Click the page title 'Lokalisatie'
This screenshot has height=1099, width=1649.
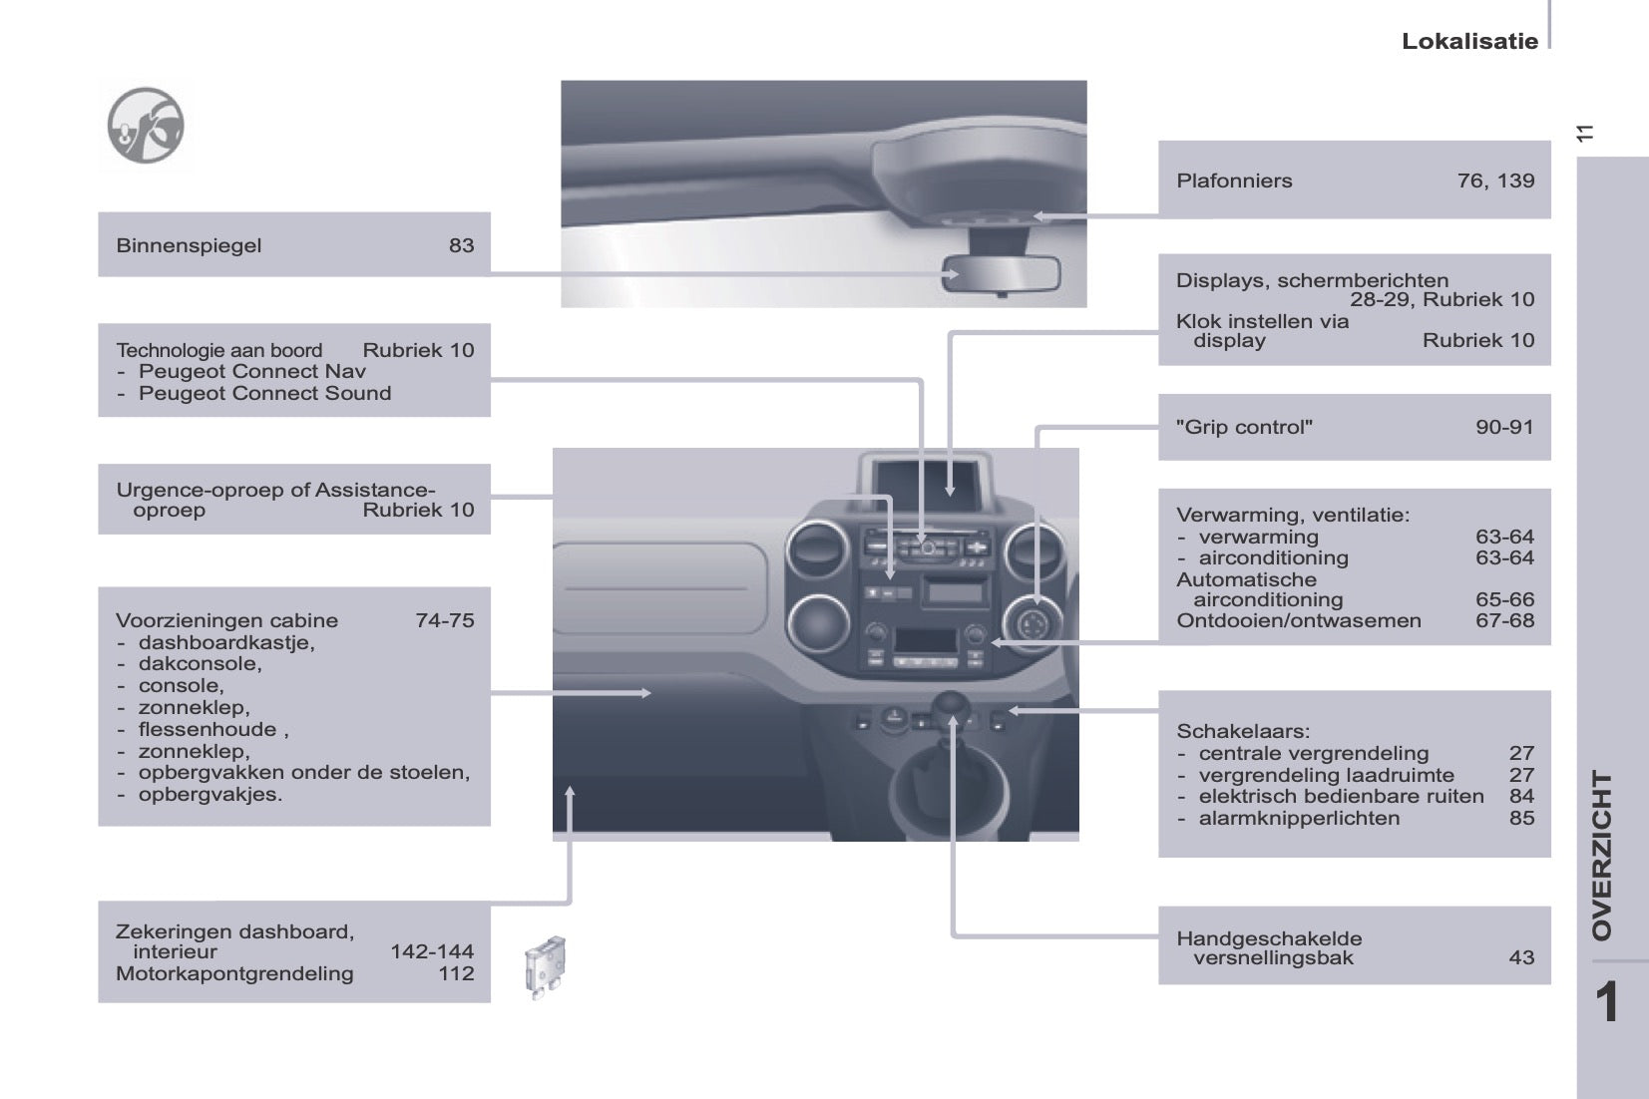(1468, 41)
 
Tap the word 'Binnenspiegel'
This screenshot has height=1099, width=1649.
(189, 245)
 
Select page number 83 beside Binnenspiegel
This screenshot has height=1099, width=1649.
(461, 245)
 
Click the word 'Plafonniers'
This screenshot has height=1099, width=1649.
(1234, 181)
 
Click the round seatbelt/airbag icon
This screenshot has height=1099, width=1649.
(146, 126)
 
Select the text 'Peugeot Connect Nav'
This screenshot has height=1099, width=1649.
(251, 371)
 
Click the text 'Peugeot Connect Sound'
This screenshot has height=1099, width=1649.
(264, 393)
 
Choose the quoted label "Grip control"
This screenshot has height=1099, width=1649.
(1244, 427)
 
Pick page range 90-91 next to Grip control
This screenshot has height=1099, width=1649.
(1504, 427)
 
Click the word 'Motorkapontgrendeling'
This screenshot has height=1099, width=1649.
(234, 973)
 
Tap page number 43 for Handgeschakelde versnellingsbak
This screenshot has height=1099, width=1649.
(1521, 957)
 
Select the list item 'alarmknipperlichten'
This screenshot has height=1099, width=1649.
(1299, 818)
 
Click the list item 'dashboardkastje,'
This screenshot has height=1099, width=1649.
(226, 642)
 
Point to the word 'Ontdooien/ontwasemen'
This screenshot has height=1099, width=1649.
(1298, 620)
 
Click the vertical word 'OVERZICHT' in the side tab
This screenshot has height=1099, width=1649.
(1602, 855)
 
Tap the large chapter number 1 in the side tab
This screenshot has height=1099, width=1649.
(1606, 1002)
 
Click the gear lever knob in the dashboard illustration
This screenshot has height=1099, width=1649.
(953, 705)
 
